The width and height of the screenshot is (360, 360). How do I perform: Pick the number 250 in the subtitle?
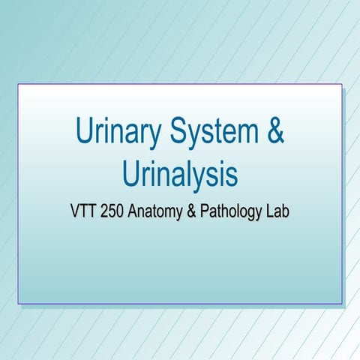tap(112, 211)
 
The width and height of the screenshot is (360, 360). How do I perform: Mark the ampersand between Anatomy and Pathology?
tap(192, 211)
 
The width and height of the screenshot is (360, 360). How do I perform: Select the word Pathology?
tap(232, 211)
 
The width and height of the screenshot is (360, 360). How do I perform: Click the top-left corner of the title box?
tap(18, 85)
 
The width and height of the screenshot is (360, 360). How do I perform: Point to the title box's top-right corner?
tap(342, 85)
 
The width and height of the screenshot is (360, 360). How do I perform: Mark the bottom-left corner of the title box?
tap(18, 304)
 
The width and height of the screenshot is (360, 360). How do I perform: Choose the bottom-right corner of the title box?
tap(342, 304)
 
